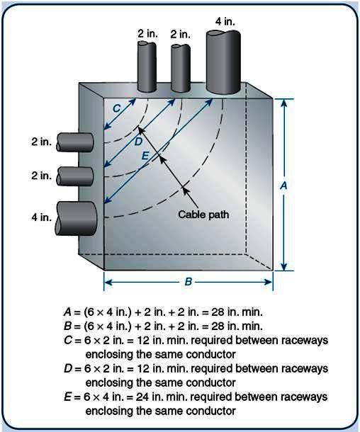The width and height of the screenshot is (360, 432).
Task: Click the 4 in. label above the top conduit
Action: (x=225, y=22)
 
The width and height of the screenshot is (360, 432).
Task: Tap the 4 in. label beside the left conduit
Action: (x=41, y=217)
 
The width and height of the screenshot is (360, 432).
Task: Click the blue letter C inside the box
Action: (x=116, y=107)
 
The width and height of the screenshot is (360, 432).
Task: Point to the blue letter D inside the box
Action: (x=138, y=141)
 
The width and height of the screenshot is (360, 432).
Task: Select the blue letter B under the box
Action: (x=188, y=282)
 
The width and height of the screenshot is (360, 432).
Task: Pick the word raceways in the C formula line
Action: (x=303, y=341)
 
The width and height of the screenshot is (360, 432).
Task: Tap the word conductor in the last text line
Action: (x=213, y=410)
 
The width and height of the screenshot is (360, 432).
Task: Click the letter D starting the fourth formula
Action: (x=68, y=368)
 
